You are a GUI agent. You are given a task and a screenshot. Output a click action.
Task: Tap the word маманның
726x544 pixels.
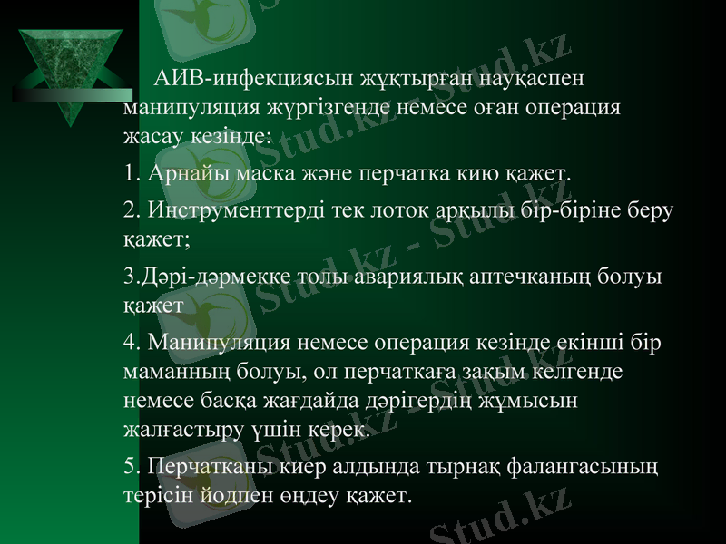tap(177, 372)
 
